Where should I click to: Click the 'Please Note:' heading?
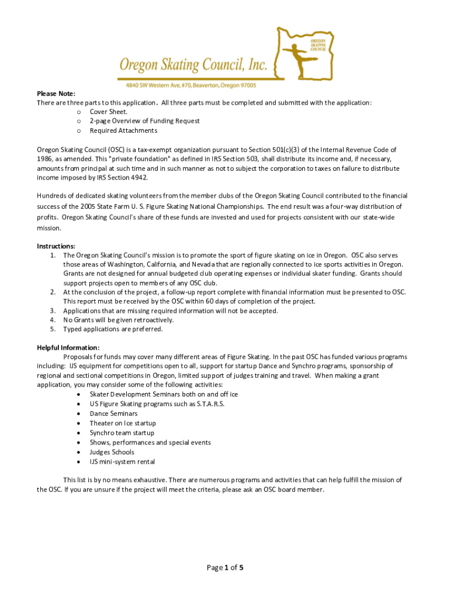(x=56, y=94)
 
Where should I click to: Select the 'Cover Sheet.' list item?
(x=109, y=112)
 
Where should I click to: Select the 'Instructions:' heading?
(x=56, y=246)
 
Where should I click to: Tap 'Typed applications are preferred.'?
(x=113, y=329)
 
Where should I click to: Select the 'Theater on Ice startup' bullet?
(x=123, y=423)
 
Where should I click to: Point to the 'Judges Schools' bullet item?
(x=112, y=452)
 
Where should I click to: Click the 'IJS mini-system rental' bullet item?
(x=122, y=462)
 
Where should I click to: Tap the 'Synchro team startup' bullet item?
(x=122, y=433)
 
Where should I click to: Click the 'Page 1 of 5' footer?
(x=224, y=567)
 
